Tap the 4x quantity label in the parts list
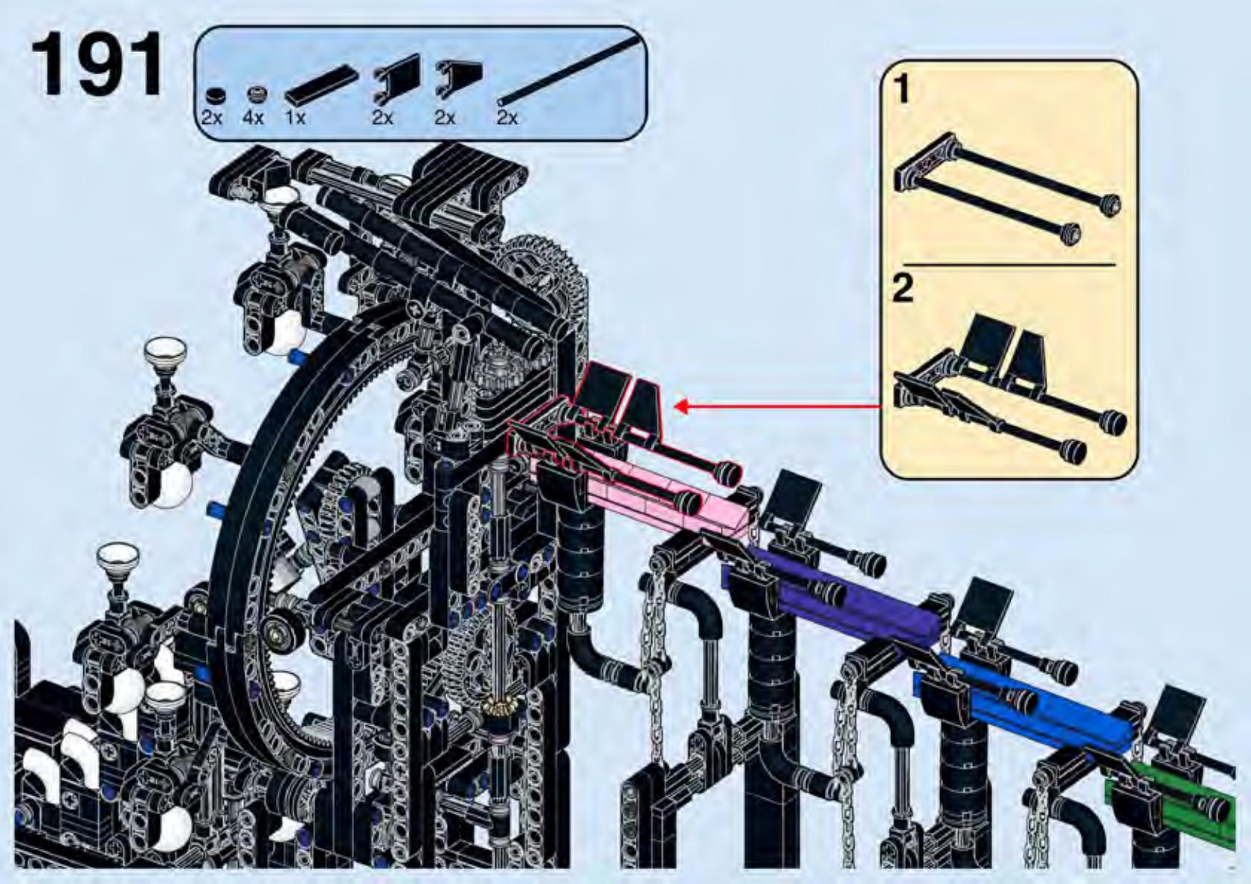click(253, 118)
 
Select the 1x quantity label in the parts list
click(295, 118)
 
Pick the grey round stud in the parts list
click(257, 94)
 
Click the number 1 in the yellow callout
click(902, 89)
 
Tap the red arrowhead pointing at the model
click(681, 406)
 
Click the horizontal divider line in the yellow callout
click(1009, 265)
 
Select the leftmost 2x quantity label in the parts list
click(212, 118)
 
